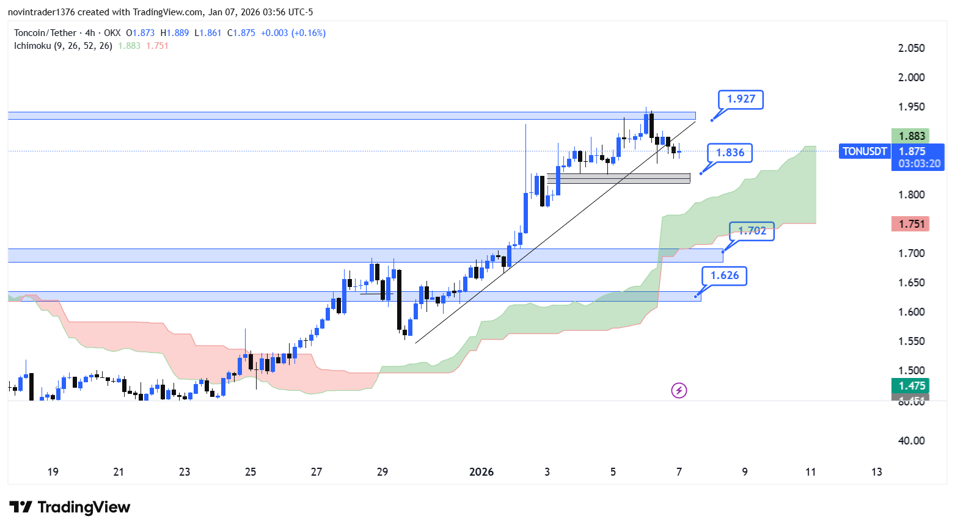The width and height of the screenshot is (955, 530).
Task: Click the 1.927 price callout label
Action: [x=741, y=99]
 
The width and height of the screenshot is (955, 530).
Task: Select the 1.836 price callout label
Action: [x=730, y=153]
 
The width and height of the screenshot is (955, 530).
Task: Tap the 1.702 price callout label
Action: [x=752, y=231]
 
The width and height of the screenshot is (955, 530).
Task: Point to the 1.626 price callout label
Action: [x=724, y=275]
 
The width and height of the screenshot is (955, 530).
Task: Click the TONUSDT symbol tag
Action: [x=864, y=151]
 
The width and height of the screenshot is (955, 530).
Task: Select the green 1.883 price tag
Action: [x=911, y=136]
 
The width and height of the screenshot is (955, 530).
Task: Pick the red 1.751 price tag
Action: [x=911, y=224]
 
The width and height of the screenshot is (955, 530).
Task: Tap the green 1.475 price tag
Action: [x=911, y=386]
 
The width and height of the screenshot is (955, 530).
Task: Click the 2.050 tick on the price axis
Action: [x=911, y=48]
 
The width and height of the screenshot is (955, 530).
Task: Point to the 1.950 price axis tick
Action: [x=911, y=107]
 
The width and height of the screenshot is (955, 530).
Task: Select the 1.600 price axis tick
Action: [x=911, y=312]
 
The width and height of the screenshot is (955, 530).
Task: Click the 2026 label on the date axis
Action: [x=481, y=472]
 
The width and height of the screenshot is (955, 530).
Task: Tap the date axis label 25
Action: [x=251, y=472]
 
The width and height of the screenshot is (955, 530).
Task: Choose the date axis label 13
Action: [x=876, y=472]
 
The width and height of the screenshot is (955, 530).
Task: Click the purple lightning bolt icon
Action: [x=679, y=390]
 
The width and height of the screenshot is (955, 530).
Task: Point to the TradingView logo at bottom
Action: [x=70, y=507]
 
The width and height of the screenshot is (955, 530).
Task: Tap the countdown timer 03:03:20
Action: [x=919, y=164]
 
